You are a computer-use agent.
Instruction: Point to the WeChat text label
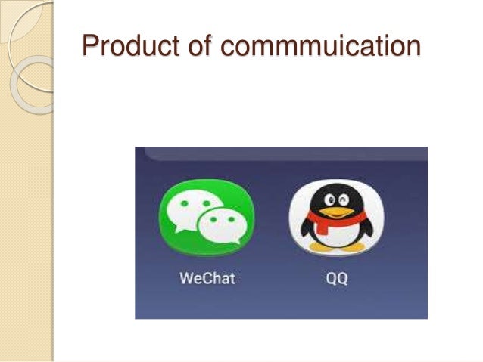point(207,277)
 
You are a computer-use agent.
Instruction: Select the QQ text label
point(336,277)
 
